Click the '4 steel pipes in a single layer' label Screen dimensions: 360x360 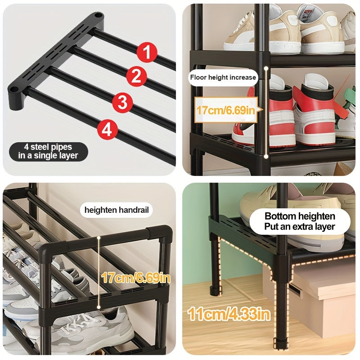(48, 151)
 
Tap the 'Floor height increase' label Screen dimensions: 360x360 (223, 77)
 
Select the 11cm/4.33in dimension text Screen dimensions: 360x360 (229, 313)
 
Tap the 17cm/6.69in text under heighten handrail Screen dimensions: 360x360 (135, 278)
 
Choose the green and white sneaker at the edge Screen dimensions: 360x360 (348, 112)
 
